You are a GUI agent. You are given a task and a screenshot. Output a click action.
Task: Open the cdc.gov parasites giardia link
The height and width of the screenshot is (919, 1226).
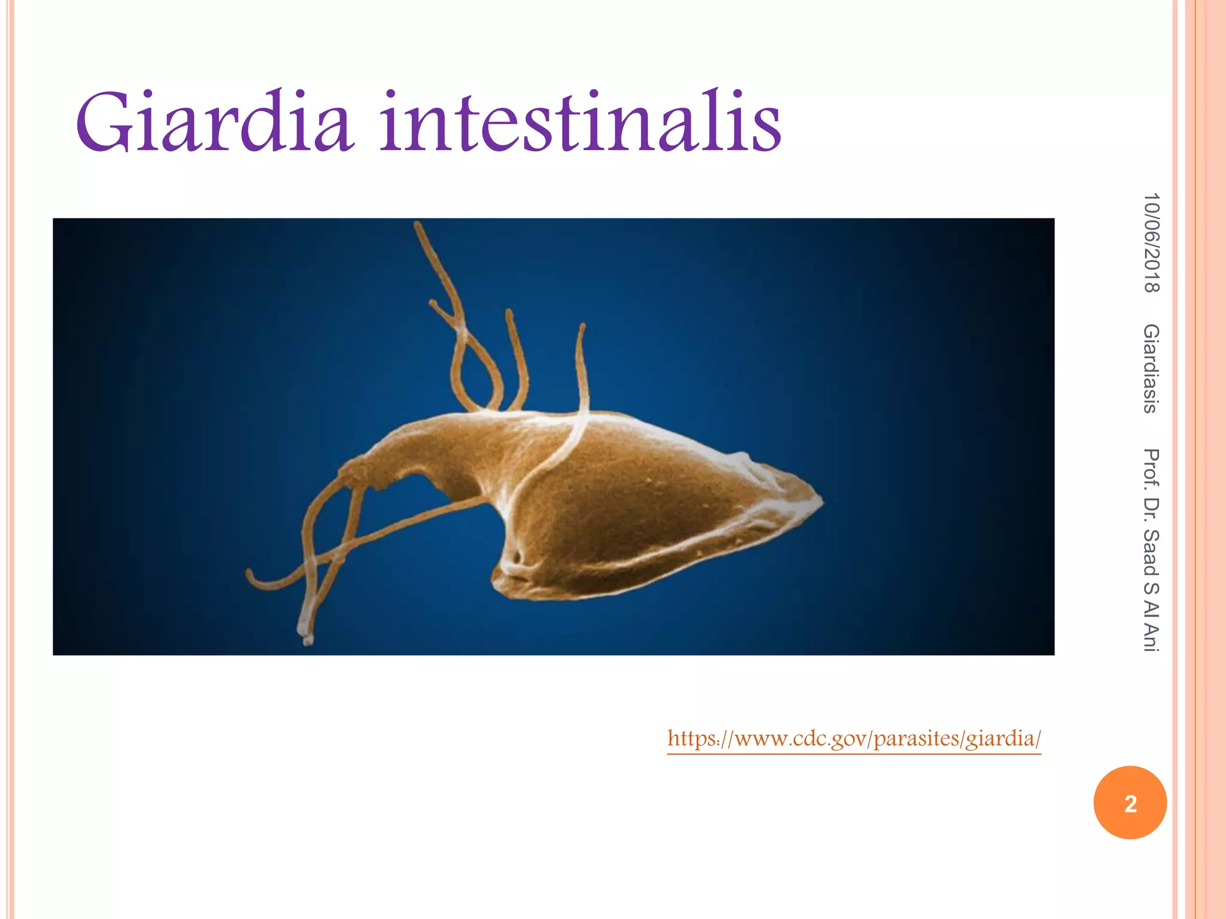pos(854,738)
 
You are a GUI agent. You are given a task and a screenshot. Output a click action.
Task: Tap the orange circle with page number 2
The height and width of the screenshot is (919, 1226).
pos(1130,803)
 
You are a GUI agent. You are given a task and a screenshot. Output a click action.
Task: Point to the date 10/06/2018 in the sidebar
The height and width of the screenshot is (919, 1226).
pos(1151,243)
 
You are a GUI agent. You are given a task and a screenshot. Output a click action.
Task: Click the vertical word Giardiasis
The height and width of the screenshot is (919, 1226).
pos(1151,369)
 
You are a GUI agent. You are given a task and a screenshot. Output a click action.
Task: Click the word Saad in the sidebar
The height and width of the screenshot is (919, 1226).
pos(1151,553)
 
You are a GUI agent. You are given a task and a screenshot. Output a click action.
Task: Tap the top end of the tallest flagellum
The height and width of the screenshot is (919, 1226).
pos(417,226)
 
